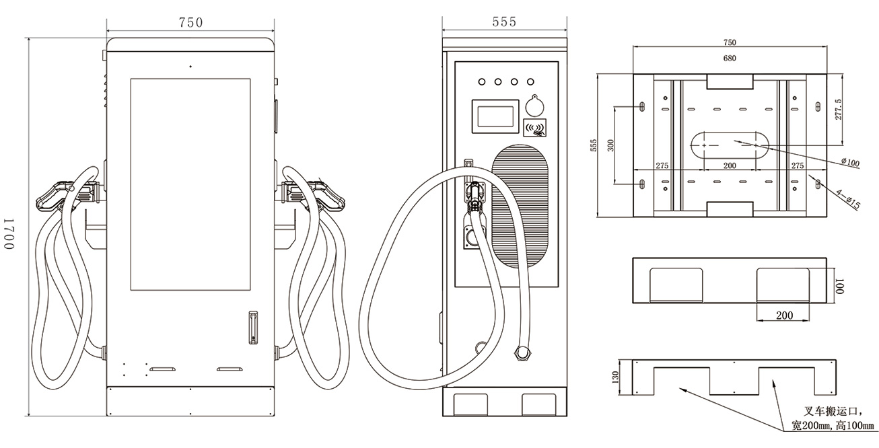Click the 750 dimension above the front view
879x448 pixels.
coord(190,22)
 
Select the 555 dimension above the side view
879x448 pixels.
coord(504,22)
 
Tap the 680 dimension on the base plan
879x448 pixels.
coord(730,58)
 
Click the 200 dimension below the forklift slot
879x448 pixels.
coord(784,315)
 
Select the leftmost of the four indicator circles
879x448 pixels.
coord(482,82)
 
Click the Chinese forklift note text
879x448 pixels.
coord(832,418)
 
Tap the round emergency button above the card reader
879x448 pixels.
coord(536,104)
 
